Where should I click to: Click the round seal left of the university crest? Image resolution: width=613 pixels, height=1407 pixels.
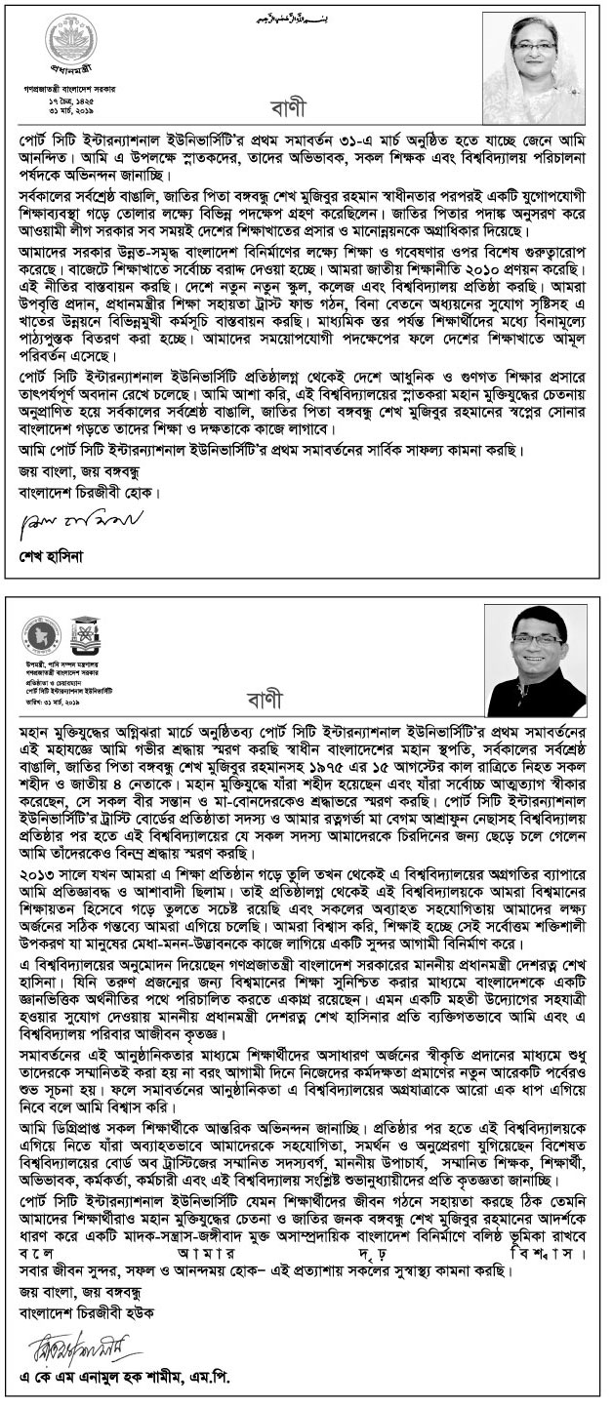[x=39, y=634]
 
